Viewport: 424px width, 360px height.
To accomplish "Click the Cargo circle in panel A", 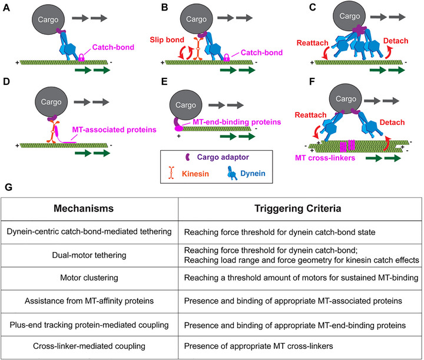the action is click(48, 19).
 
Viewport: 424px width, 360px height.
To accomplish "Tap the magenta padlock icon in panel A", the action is click(81, 57).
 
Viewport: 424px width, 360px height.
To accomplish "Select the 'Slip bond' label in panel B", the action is click(167, 39).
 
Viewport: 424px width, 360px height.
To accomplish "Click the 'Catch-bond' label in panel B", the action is click(261, 52).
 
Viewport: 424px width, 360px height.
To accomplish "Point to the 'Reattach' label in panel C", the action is click(312, 43).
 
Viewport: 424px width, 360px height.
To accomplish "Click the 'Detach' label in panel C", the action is click(396, 41).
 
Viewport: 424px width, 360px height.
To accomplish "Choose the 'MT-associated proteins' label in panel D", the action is click(114, 130).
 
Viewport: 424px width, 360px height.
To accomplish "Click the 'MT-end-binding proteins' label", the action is click(237, 122).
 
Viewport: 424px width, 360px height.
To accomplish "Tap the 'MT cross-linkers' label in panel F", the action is click(324, 158).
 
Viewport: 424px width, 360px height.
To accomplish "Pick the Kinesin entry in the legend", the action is click(189, 173).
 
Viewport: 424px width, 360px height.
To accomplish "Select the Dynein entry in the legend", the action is click(246, 173).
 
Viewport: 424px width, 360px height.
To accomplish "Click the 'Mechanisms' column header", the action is click(84, 208).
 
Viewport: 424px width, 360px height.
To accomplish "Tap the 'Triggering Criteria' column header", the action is click(298, 208).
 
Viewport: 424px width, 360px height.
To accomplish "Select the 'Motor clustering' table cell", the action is click(89, 278).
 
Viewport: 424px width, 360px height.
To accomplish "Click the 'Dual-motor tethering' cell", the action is click(89, 255).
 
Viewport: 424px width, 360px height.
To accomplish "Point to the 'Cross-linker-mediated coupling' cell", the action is click(89, 346).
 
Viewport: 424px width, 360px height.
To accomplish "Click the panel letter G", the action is click(8, 187).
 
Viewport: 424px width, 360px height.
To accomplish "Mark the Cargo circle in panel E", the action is click(185, 105).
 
